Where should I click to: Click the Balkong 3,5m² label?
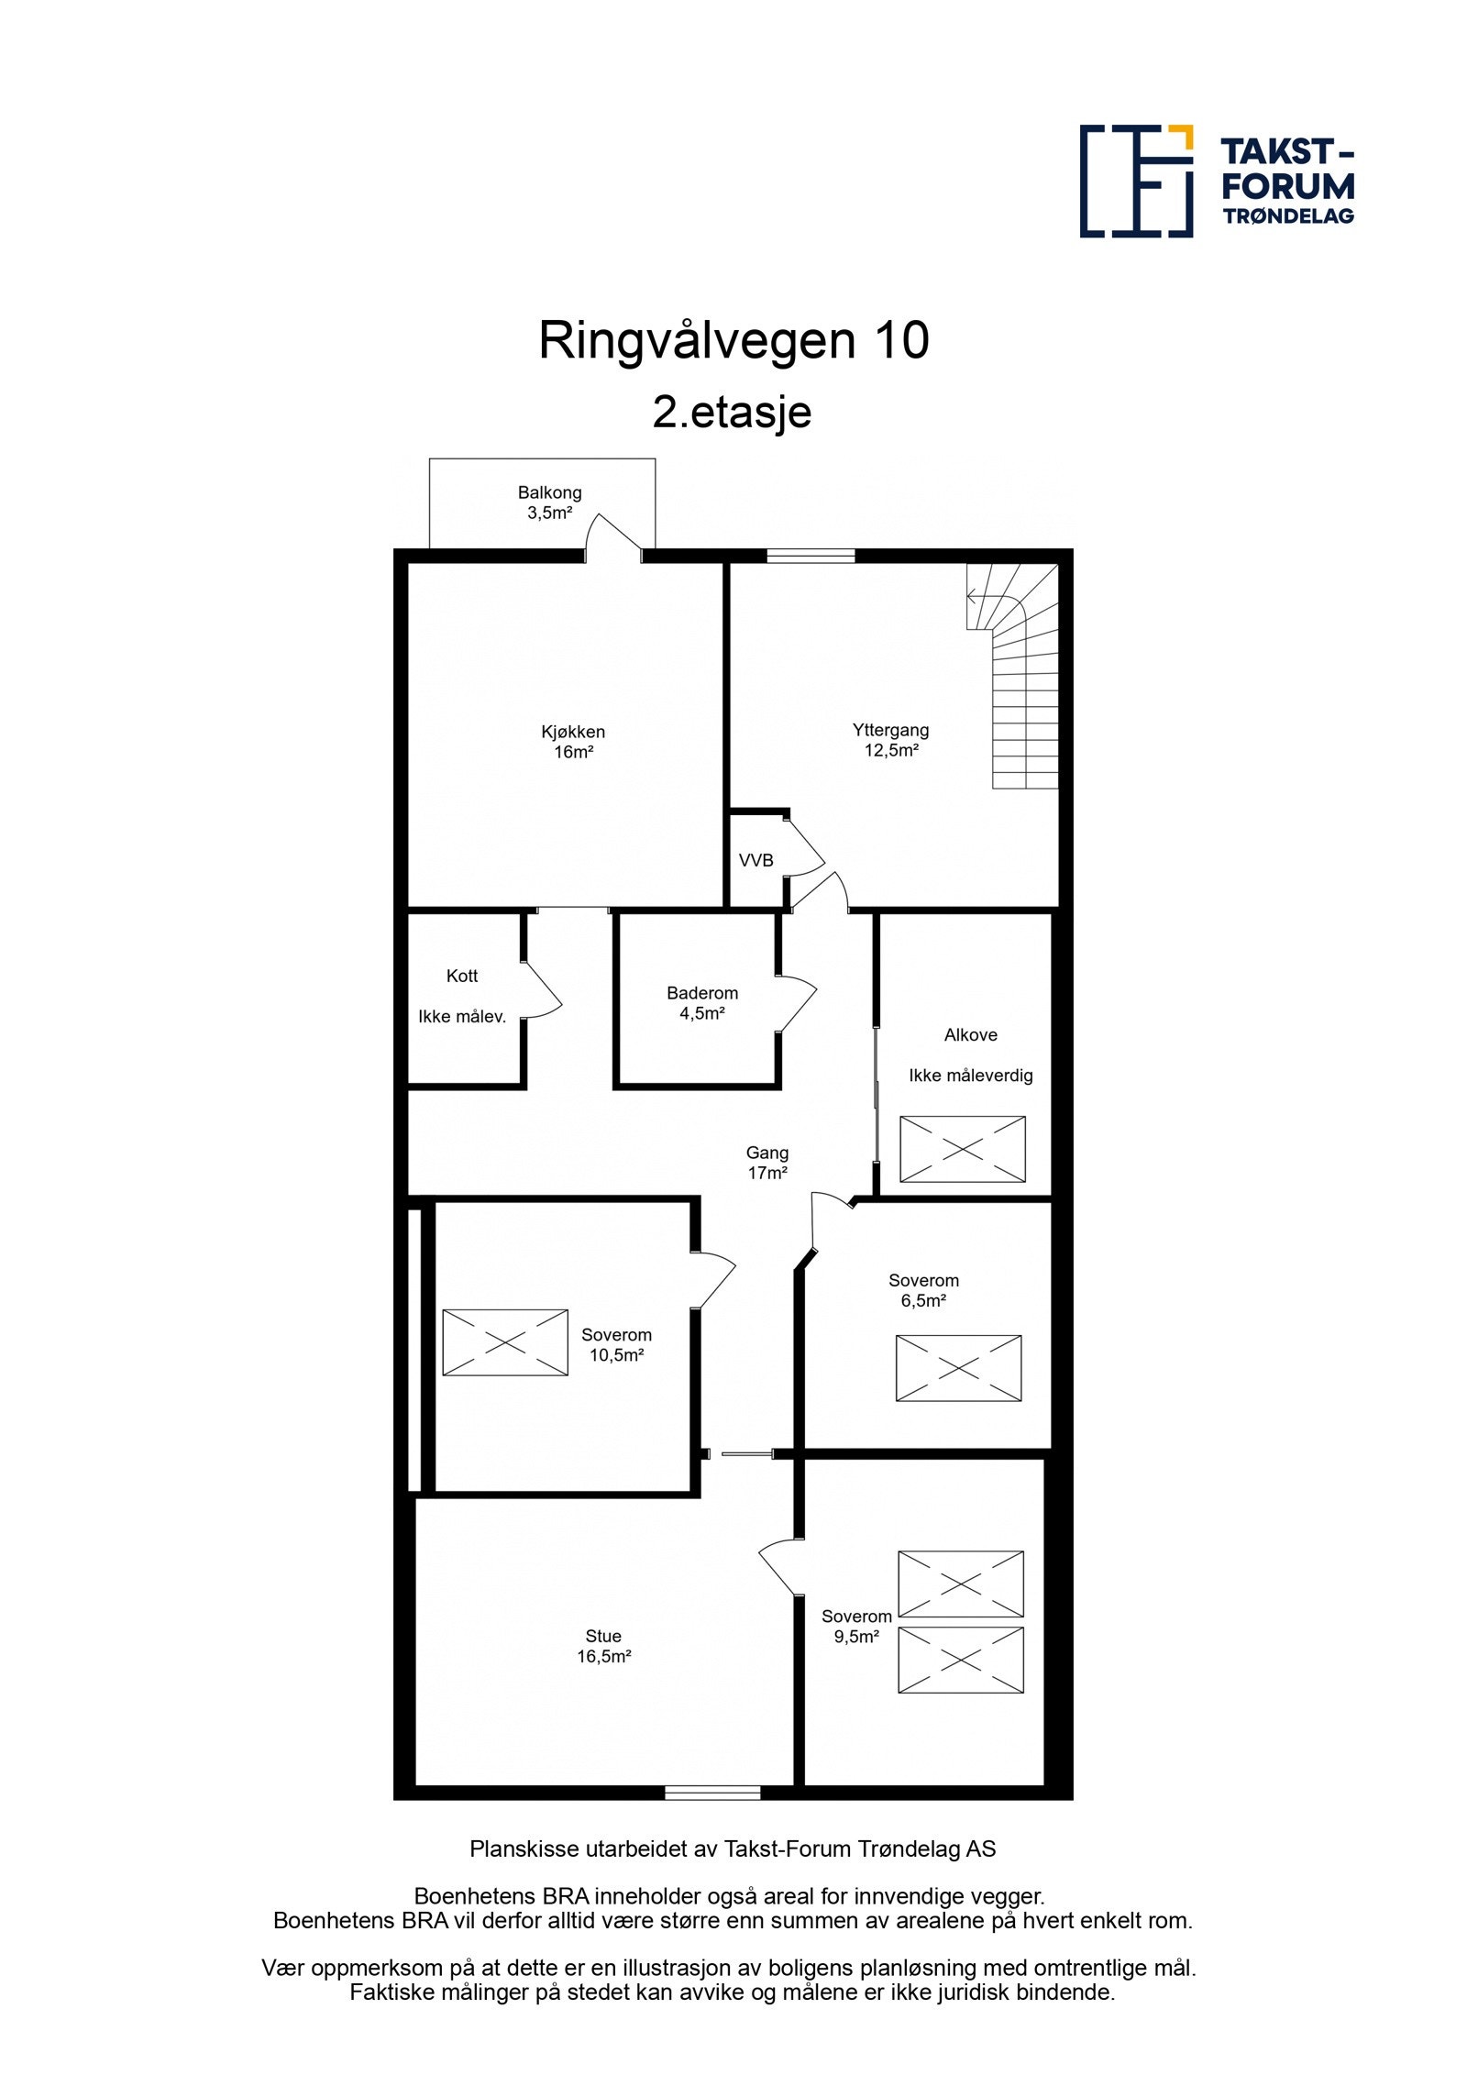click(549, 502)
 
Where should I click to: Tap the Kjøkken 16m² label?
click(573, 742)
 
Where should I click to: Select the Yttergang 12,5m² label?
click(890, 740)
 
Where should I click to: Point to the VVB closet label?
click(756, 860)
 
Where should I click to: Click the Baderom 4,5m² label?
click(701, 1002)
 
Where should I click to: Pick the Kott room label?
click(462, 976)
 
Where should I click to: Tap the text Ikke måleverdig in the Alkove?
click(970, 1076)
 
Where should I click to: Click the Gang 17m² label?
click(767, 1162)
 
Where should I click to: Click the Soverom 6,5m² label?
click(923, 1289)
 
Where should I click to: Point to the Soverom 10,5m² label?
click(616, 1344)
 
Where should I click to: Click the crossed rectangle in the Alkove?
click(962, 1148)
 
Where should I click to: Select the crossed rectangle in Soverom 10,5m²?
click(505, 1342)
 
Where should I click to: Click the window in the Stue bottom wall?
click(712, 1793)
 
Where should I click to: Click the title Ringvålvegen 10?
click(733, 340)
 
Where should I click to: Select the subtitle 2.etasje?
click(732, 412)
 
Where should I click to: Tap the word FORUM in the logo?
click(1287, 186)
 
